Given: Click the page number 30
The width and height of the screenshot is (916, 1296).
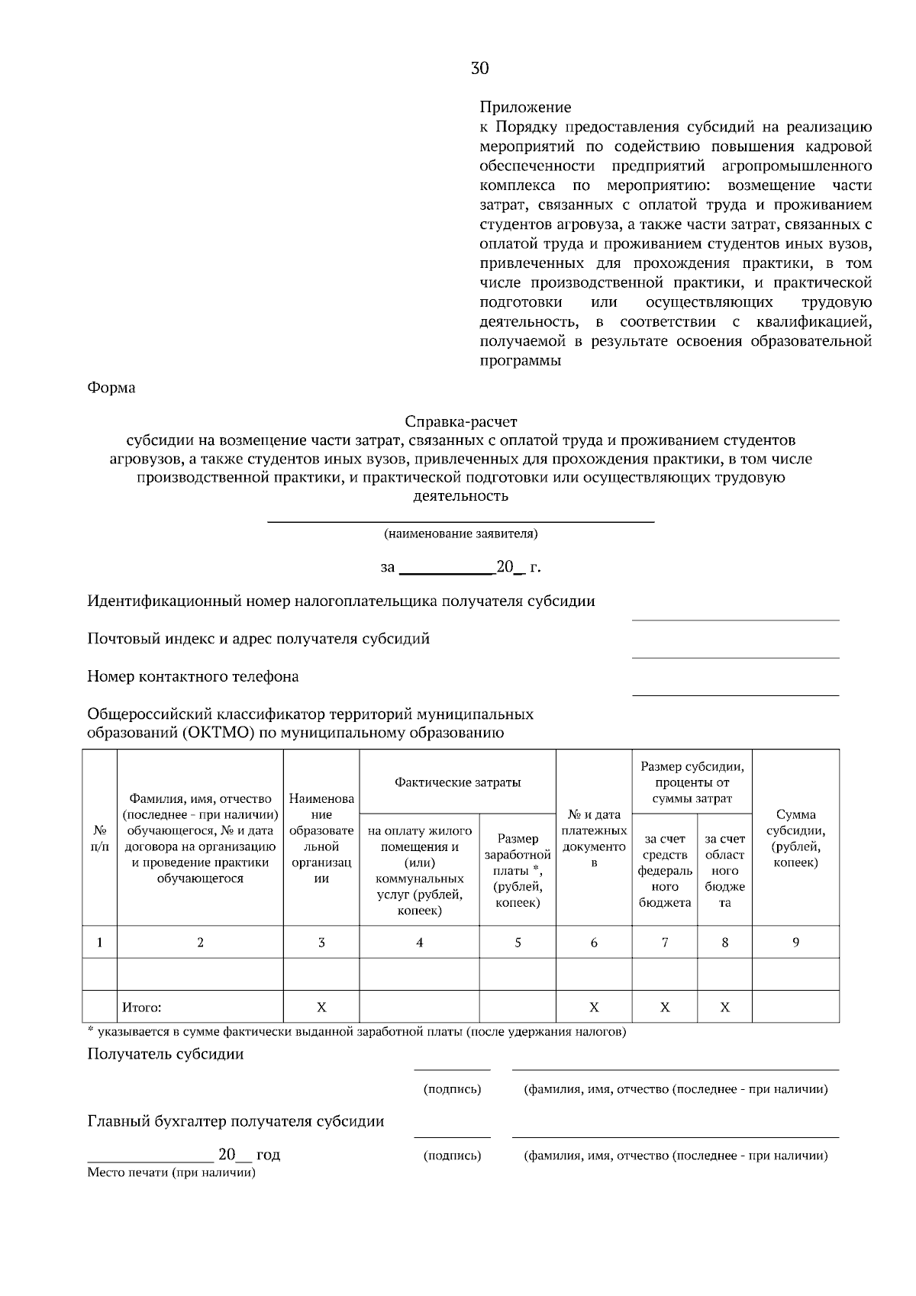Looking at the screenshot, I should pos(479,69).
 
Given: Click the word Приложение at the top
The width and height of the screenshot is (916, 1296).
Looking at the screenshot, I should pos(525,108).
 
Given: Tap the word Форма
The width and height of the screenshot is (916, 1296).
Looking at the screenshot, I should pos(111,388).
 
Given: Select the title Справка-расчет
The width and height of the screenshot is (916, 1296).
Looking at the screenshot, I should pos(460,421).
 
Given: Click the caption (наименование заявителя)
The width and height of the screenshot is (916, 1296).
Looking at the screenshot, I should pos(460,534).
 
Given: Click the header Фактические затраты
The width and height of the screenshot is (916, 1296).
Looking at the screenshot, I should pos(457,782).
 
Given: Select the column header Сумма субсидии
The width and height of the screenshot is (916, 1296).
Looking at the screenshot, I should pos(795,838).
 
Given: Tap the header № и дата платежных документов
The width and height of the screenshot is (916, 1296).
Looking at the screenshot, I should pos(594,838).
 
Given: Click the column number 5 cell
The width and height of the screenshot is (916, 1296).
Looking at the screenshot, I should pos(518,943).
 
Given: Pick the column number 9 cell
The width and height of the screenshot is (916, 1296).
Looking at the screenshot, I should pos(795,943).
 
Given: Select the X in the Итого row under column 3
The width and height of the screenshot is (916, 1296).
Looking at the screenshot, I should pos(321,1007).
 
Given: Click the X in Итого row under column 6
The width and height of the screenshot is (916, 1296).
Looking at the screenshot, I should pos(594,1007).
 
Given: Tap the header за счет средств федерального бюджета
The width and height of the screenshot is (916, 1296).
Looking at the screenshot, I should pos(664,870).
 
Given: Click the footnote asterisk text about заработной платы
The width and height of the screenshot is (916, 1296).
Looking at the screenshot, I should pos(356,1033).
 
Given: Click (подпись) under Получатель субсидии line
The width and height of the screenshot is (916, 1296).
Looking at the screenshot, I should pos(452,1089).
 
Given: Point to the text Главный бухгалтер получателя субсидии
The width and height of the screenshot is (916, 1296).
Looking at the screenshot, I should pos(236,1121).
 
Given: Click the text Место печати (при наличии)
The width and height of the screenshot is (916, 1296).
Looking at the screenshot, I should pos(171,1172).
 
